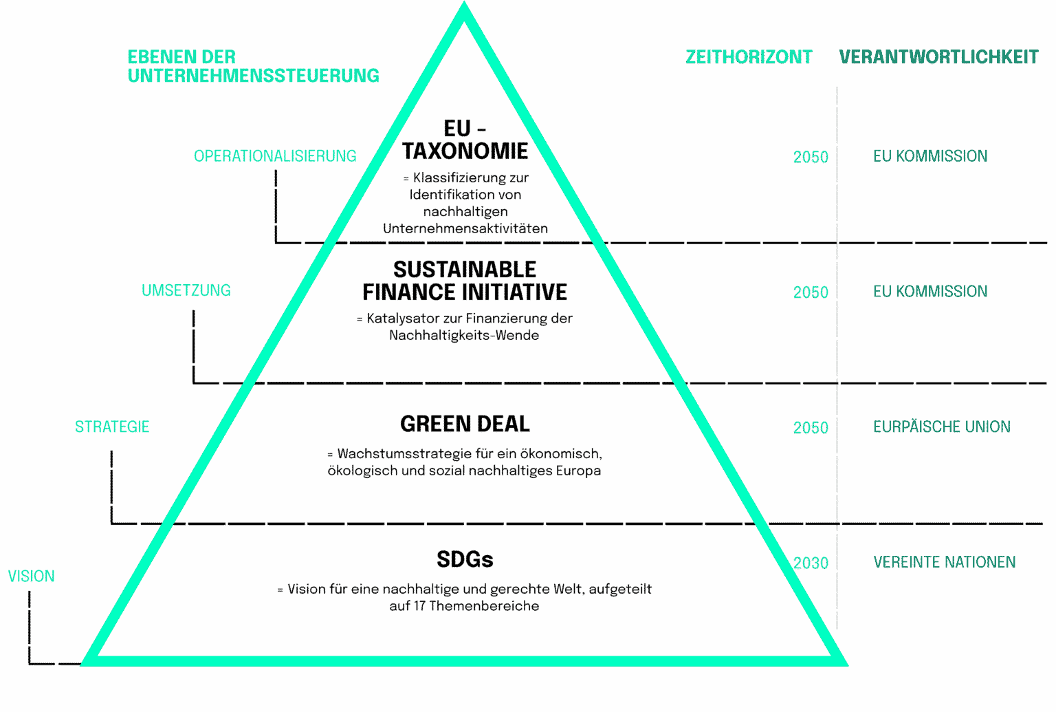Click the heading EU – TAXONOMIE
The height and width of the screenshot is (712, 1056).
[x=465, y=140]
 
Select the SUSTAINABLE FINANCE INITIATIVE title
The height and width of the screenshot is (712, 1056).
[x=465, y=281]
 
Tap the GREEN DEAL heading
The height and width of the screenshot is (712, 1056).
[x=465, y=424]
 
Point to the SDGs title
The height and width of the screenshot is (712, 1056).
[x=465, y=560]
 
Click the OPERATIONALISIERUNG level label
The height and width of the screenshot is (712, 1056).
[x=275, y=156]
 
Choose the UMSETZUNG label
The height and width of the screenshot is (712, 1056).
[x=186, y=290]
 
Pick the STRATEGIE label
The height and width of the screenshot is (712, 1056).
[x=112, y=427]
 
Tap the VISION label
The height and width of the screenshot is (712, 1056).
[x=32, y=576]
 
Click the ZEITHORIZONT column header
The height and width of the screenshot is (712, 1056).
[x=749, y=57]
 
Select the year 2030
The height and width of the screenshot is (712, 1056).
[x=811, y=563]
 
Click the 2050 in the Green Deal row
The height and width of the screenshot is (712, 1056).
[x=811, y=428]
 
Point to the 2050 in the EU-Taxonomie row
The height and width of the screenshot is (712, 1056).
[x=811, y=157]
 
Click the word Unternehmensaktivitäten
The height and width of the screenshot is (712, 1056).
[x=465, y=228]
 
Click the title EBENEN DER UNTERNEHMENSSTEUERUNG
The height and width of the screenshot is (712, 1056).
[x=253, y=66]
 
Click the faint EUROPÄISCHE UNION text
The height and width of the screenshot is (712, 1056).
[x=942, y=427]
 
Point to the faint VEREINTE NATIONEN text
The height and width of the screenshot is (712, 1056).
[x=945, y=563]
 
